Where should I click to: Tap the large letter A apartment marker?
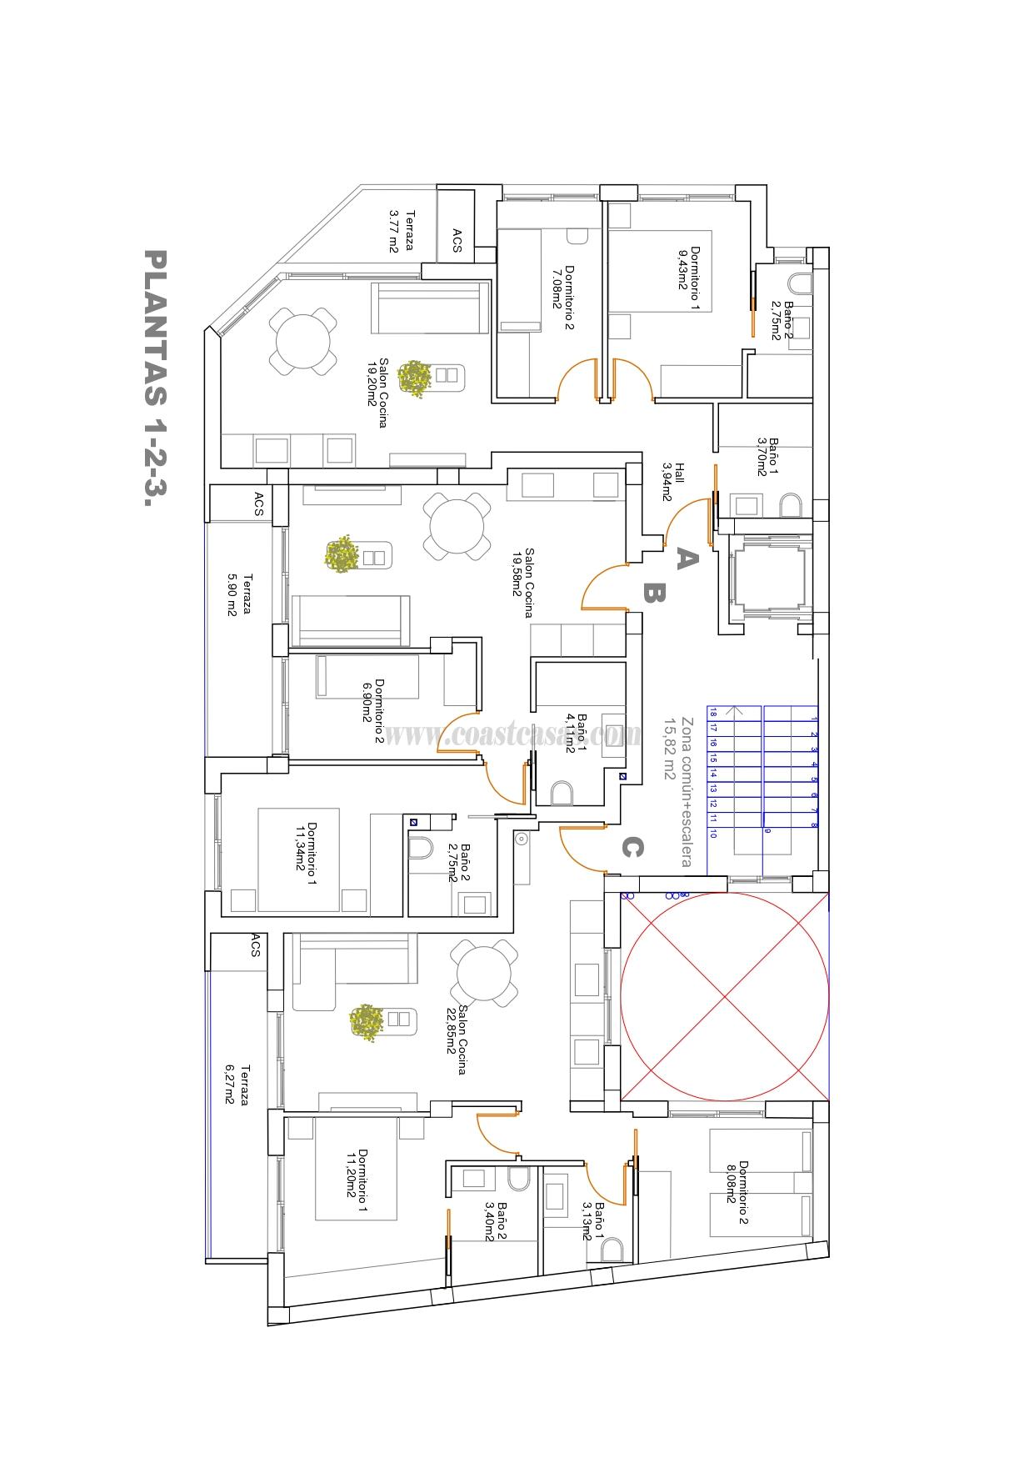pyautogui.click(x=685, y=558)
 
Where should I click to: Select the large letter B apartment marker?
pyautogui.click(x=652, y=593)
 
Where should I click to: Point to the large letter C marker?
pyautogui.click(x=631, y=848)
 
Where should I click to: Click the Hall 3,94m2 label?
pyautogui.click(x=673, y=481)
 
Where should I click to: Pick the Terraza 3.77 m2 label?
pyautogui.click(x=402, y=231)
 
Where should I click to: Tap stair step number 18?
pyautogui.click(x=713, y=713)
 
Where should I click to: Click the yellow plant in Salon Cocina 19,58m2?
pyautogui.click(x=342, y=555)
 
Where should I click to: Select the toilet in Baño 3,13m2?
pyautogui.click(x=612, y=1248)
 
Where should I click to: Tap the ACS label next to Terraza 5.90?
pyautogui.click(x=257, y=503)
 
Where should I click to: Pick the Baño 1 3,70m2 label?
pyautogui.click(x=767, y=457)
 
